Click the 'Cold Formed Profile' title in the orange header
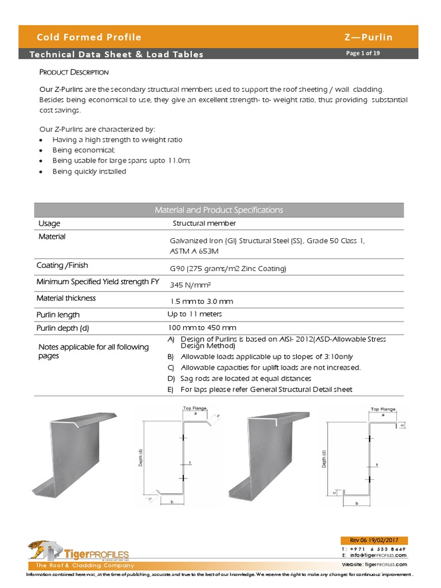click(x=89, y=37)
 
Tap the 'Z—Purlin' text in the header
click(x=368, y=37)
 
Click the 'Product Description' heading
click(x=73, y=72)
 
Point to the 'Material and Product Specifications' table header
click(x=219, y=210)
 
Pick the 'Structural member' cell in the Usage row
click(x=204, y=223)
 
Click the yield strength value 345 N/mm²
click(x=192, y=284)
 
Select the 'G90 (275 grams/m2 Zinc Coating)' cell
click(x=228, y=268)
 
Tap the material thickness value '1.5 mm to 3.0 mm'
click(x=202, y=301)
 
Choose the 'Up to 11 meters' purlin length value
click(x=195, y=314)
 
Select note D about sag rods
click(x=246, y=378)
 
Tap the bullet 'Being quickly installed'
click(x=89, y=171)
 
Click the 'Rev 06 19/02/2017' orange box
click(x=373, y=540)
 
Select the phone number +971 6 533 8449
click(x=381, y=550)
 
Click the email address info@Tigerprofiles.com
click(x=377, y=555)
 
